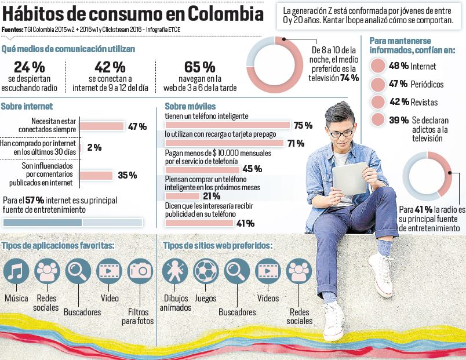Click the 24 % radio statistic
[29, 67]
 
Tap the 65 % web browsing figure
[200, 67]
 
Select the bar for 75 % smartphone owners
[228, 125]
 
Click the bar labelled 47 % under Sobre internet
[102, 126]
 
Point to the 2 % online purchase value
[94, 147]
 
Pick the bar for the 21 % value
[182, 196]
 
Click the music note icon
[16, 271]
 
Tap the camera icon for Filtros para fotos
[140, 271]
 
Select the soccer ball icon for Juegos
[206, 271]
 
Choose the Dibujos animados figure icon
[175, 271]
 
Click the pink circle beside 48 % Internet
[378, 66]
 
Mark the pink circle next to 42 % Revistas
[378, 102]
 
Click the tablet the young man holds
[350, 179]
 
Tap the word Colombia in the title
[225, 14]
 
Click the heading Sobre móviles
[190, 106]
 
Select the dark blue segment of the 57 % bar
[42, 223]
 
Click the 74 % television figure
[349, 78]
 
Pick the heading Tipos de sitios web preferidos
[217, 246]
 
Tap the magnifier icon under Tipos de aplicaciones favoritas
[78, 271]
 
